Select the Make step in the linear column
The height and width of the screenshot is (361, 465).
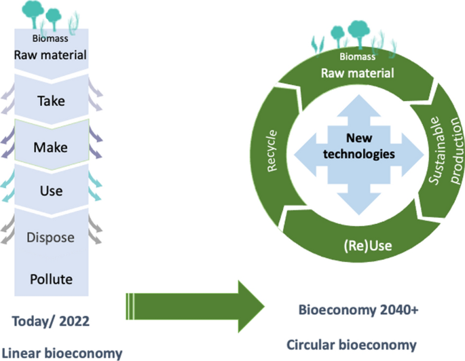(x=52, y=146)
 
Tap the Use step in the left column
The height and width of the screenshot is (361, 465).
(x=52, y=191)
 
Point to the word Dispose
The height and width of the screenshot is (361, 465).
(x=52, y=237)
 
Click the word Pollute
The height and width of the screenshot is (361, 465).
(x=52, y=278)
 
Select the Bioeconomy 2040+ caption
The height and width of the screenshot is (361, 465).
(x=359, y=309)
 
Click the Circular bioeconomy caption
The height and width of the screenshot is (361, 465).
(x=359, y=345)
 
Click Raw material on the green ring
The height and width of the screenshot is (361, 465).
(x=357, y=73)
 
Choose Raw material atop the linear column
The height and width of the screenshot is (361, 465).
(x=52, y=54)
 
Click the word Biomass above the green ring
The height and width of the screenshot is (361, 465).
(x=357, y=57)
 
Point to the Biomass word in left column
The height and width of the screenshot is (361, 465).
(x=52, y=39)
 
